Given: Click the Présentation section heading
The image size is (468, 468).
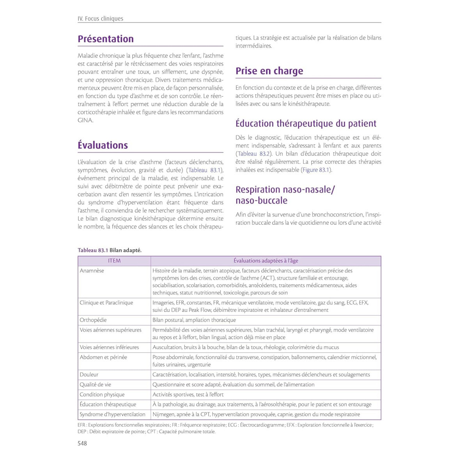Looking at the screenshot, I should click(106, 39).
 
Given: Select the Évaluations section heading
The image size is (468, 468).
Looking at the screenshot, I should click(103, 145).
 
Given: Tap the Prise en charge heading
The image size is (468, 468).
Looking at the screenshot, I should click(269, 71).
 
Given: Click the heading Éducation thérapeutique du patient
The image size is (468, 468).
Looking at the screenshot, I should click(306, 124).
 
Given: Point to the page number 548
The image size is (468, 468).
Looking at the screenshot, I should click(82, 443).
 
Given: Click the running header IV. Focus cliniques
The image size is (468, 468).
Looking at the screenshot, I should click(100, 19).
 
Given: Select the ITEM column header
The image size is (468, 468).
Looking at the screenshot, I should click(114, 261).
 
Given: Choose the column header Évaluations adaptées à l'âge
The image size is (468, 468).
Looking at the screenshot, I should click(266, 261).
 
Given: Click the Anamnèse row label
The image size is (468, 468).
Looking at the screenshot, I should click(92, 271).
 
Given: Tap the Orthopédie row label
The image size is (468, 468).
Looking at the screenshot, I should click(93, 320).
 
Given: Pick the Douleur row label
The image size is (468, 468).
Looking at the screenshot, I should click(89, 375).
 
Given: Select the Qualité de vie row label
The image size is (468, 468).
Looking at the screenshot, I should click(95, 385).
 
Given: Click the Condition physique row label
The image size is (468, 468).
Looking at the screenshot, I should click(102, 395).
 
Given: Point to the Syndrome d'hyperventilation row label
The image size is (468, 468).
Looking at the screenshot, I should click(112, 415).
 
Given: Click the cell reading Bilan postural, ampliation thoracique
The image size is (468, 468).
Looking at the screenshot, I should click(194, 320).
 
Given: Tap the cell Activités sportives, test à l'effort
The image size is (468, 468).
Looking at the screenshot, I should click(188, 395).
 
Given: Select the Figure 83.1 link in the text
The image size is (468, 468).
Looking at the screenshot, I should click(316, 170).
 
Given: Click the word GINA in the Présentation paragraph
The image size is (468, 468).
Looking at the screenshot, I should click(85, 121).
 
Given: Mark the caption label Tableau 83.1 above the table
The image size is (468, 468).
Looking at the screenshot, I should click(93, 250).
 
